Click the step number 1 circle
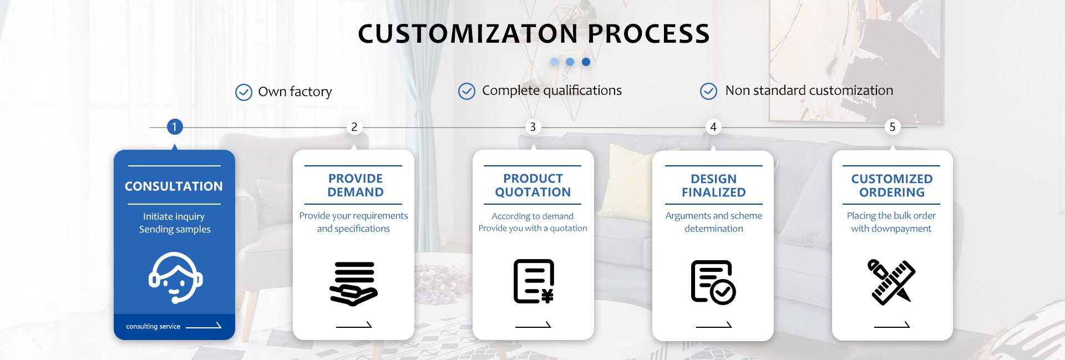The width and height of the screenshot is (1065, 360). point(174,127)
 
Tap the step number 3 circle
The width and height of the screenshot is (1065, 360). point(533,127)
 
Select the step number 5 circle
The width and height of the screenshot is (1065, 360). point(892,127)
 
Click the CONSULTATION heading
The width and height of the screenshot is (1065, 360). point(174,186)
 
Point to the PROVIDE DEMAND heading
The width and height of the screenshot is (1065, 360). point(356,185)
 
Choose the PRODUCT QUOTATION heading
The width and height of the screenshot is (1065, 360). point(533,185)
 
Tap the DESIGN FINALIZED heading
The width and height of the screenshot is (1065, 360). point(714,186)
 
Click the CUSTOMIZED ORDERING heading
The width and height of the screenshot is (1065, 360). point(892,186)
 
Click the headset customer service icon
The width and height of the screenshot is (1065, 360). point(175,278)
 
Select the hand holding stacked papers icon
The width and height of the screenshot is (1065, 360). point(354,283)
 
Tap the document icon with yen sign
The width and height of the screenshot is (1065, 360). point(534,281)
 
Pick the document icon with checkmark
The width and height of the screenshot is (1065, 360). point(713,282)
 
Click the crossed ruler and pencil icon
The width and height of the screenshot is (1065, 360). point(892,282)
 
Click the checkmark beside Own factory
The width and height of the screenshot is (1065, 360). point(244,92)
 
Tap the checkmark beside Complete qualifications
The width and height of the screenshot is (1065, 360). point(466,91)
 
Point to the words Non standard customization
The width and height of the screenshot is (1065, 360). point(809,90)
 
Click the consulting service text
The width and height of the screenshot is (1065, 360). point(153,327)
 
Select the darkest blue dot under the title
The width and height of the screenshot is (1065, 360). point(586,62)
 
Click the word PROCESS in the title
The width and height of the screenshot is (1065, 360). point(648,34)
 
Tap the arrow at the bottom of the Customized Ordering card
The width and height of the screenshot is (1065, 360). point(892,326)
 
